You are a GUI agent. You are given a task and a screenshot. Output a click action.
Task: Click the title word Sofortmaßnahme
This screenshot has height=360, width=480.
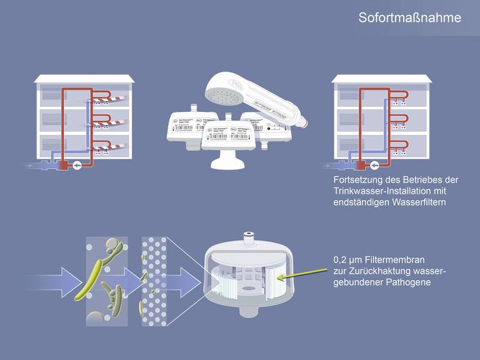[409, 18]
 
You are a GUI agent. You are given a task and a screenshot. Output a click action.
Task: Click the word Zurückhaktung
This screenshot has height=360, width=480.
[378, 272]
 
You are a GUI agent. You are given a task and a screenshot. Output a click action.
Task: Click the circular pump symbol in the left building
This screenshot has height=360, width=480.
[77, 165]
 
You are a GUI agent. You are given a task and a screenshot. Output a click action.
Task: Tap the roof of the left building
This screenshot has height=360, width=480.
[85, 79]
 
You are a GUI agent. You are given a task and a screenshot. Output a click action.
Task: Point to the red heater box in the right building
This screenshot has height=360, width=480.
[362, 165]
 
